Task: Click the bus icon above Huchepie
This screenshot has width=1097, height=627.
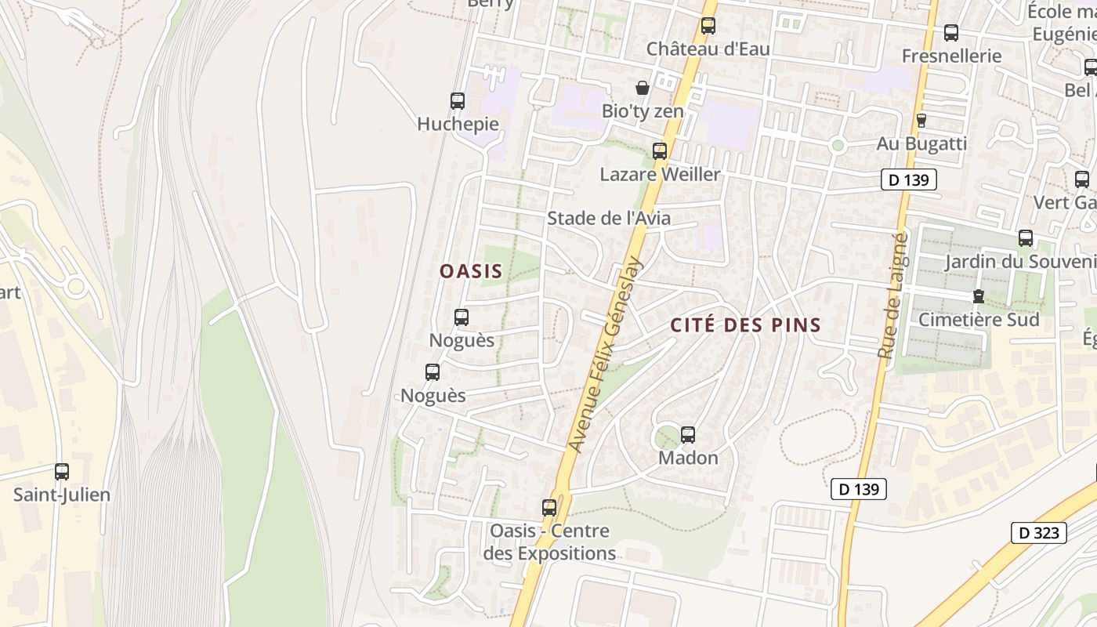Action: (x=458, y=101)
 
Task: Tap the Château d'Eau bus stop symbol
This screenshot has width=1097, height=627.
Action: (x=708, y=26)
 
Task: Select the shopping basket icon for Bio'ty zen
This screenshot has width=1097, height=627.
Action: (x=643, y=88)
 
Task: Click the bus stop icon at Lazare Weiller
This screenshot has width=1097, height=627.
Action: (x=660, y=151)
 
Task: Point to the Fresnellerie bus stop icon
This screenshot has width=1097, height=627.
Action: (x=951, y=33)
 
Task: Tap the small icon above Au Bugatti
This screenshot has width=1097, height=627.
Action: (x=921, y=121)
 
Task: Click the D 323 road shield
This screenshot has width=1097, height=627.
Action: (x=1039, y=533)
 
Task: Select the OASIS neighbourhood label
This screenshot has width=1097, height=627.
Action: (x=471, y=271)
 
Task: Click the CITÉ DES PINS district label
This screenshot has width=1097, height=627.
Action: (x=745, y=325)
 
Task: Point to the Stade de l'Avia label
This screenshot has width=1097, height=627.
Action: (x=609, y=218)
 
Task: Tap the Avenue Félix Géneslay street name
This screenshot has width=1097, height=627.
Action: (x=605, y=355)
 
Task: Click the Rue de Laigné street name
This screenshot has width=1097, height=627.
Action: (x=893, y=295)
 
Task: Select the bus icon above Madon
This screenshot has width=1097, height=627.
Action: (x=688, y=435)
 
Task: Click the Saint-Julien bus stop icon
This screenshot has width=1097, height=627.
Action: (x=62, y=472)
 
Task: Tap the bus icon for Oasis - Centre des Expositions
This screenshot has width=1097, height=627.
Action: (x=549, y=508)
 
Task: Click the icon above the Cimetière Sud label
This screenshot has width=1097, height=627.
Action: (x=978, y=296)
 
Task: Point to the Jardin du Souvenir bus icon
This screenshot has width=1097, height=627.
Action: (x=1026, y=238)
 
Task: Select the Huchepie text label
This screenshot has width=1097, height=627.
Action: (x=458, y=124)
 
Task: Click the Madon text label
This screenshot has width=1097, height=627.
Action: (x=688, y=458)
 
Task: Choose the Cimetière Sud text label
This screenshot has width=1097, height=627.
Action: (x=979, y=320)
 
